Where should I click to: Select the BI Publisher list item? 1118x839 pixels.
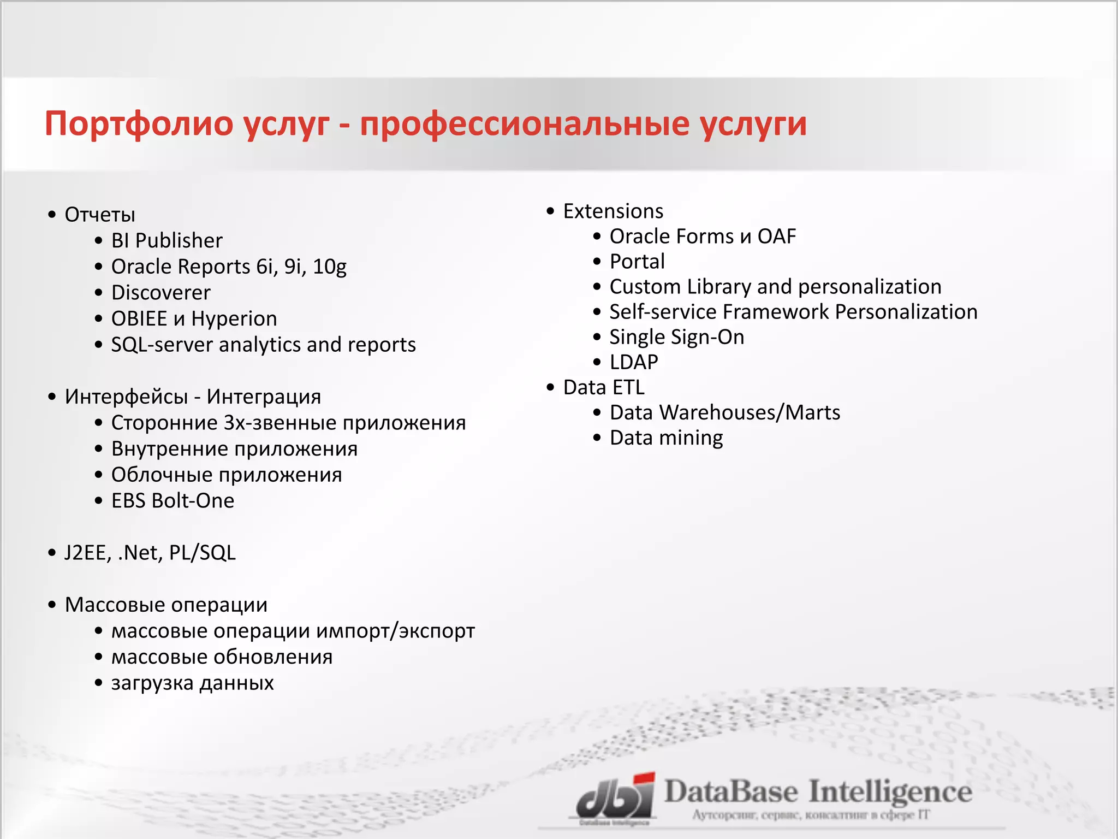pyautogui.click(x=166, y=240)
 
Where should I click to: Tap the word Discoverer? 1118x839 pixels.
pyautogui.click(x=160, y=293)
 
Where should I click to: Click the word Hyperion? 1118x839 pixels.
pyautogui.click(x=234, y=318)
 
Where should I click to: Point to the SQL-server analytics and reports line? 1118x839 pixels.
pyautogui.click(x=263, y=345)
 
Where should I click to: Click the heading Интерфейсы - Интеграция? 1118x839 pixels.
pyautogui.click(x=193, y=397)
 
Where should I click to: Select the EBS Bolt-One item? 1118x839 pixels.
pyautogui.click(x=173, y=500)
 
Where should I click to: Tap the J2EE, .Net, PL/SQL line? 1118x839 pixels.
pyautogui.click(x=150, y=553)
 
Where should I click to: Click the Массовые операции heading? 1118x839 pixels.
pyautogui.click(x=166, y=605)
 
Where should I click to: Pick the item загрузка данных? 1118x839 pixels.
pyautogui.click(x=192, y=683)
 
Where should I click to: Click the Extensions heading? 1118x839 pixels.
pyautogui.click(x=613, y=211)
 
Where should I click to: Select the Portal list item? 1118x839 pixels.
pyautogui.click(x=637, y=261)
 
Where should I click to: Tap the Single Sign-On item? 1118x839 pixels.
pyautogui.click(x=676, y=337)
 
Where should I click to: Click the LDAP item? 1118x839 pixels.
pyautogui.click(x=634, y=362)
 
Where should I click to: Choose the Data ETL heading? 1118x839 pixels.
pyautogui.click(x=604, y=387)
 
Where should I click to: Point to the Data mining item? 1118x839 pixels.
pyautogui.click(x=666, y=438)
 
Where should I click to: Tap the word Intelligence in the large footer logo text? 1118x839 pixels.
pyautogui.click(x=890, y=792)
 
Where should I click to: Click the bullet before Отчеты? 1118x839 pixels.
pyautogui.click(x=52, y=215)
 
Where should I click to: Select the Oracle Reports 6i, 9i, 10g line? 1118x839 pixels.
pyautogui.click(x=229, y=267)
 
